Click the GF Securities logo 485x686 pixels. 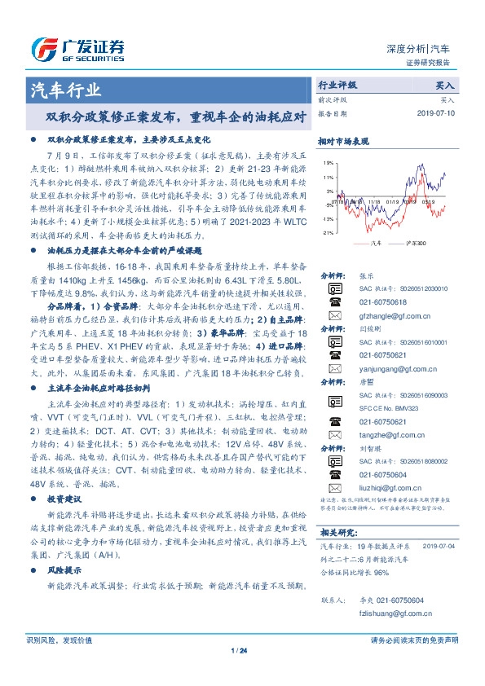pos(78,46)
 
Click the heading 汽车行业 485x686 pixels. pos(66,90)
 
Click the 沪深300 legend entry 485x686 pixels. pos(403,243)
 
